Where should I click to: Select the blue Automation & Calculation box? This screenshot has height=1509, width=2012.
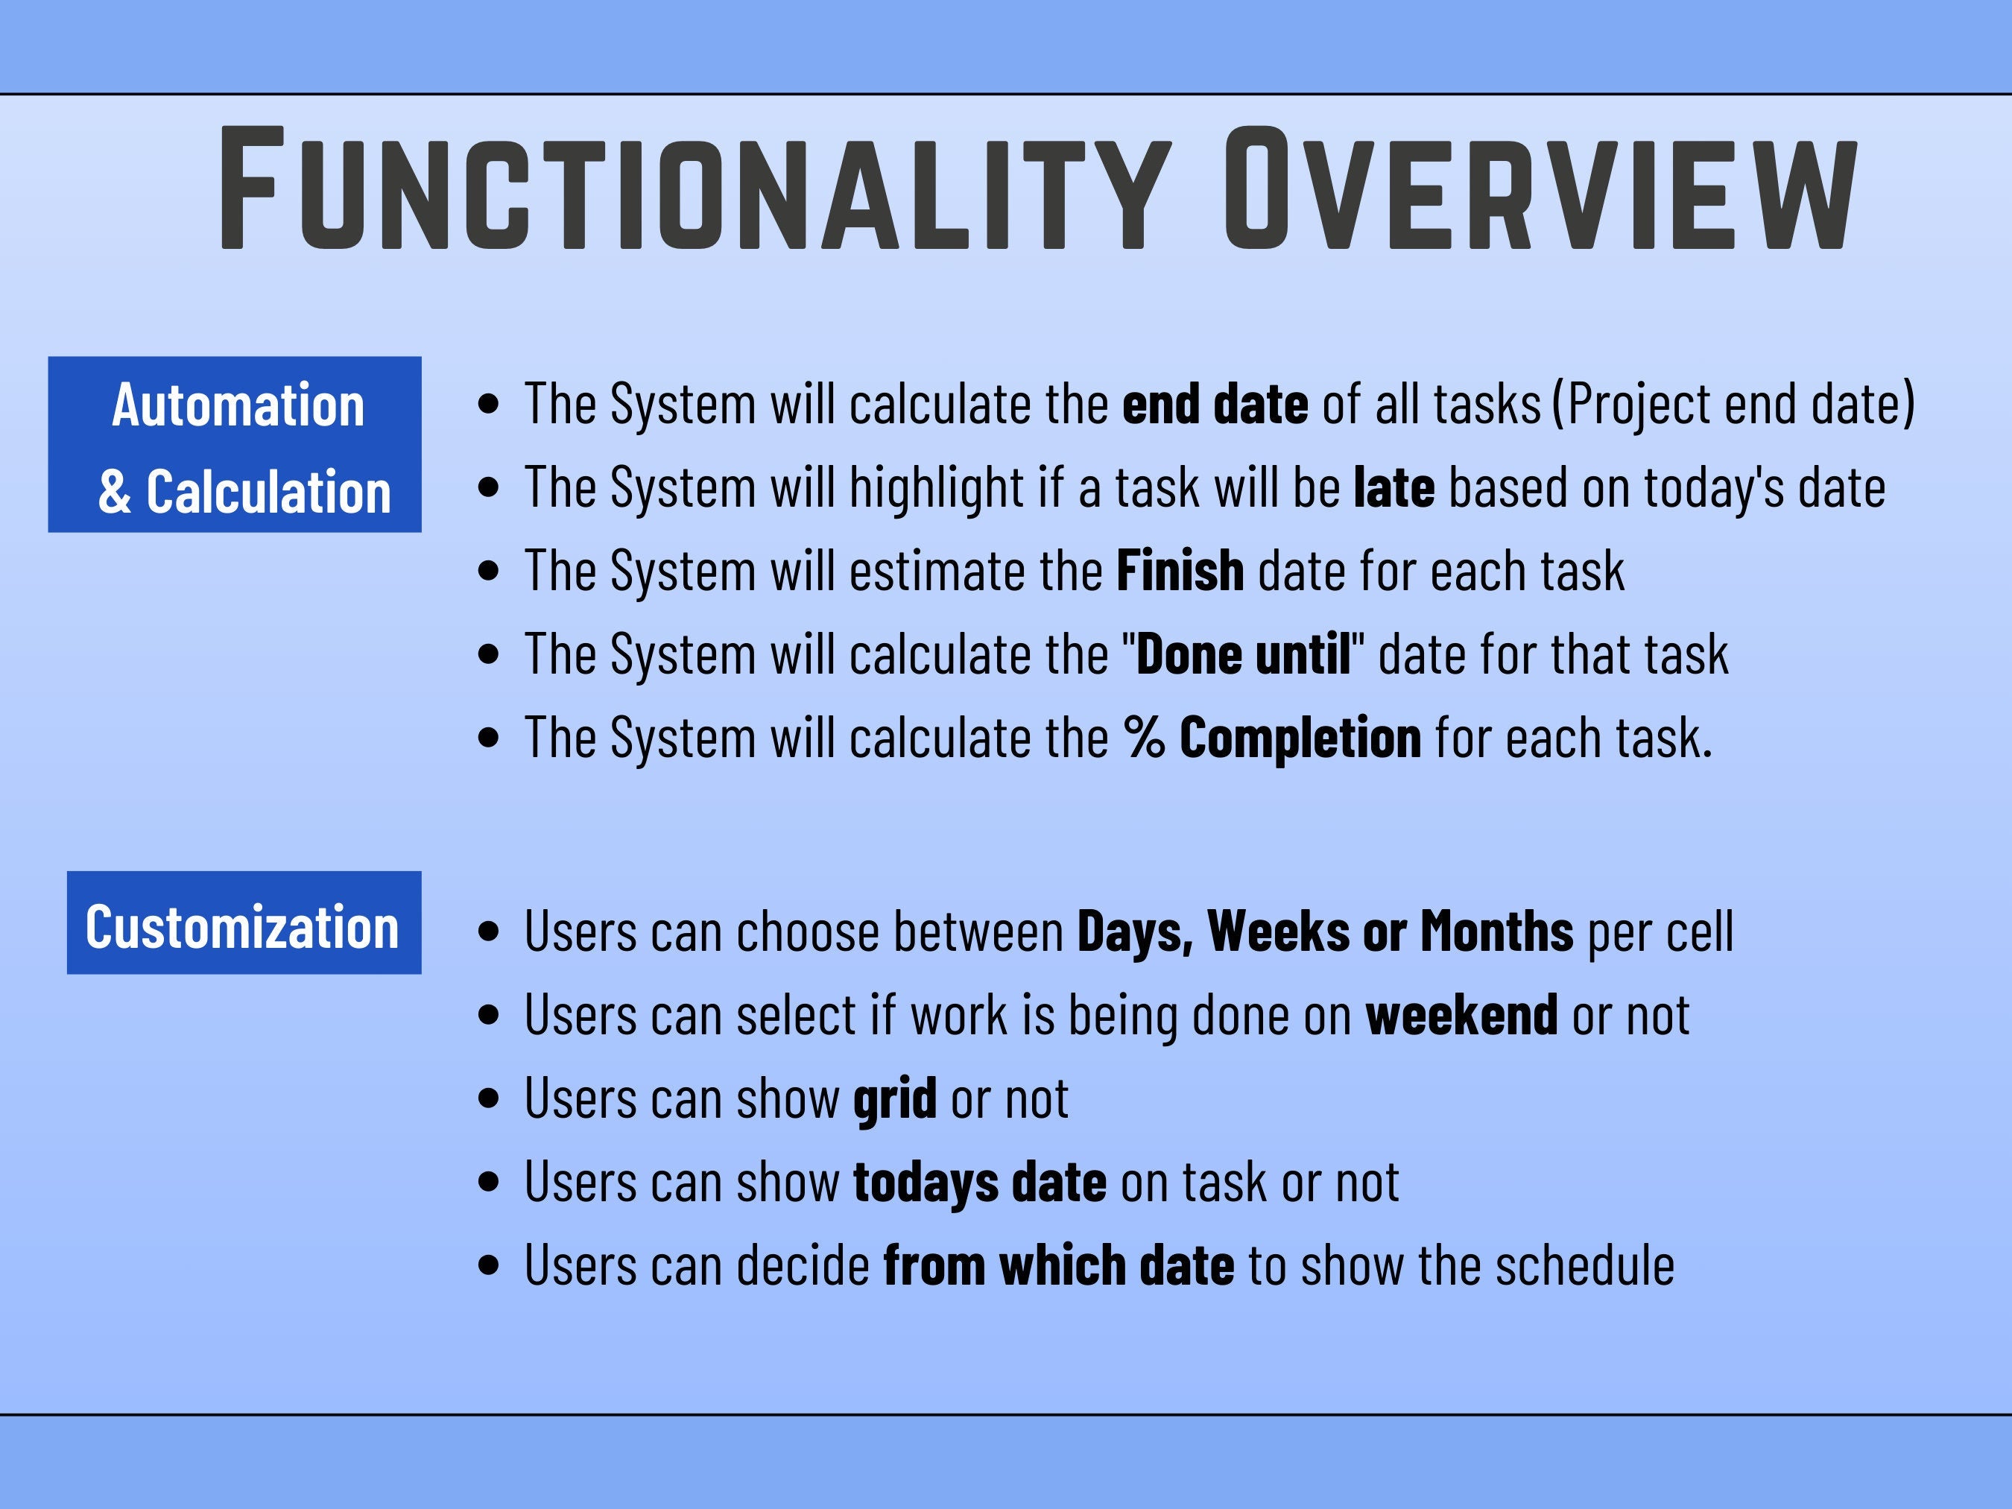[235, 444]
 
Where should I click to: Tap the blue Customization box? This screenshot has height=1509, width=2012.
[244, 923]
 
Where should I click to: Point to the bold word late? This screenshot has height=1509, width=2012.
[1394, 487]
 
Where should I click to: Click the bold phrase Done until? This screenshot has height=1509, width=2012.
[1244, 654]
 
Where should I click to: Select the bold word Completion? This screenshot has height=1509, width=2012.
[1300, 738]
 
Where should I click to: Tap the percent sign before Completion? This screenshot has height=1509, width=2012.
[1143, 737]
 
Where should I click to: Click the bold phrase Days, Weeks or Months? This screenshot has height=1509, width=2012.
[1324, 931]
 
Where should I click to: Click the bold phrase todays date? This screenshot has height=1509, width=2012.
[980, 1183]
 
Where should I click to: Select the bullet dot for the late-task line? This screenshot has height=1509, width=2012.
[488, 487]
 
